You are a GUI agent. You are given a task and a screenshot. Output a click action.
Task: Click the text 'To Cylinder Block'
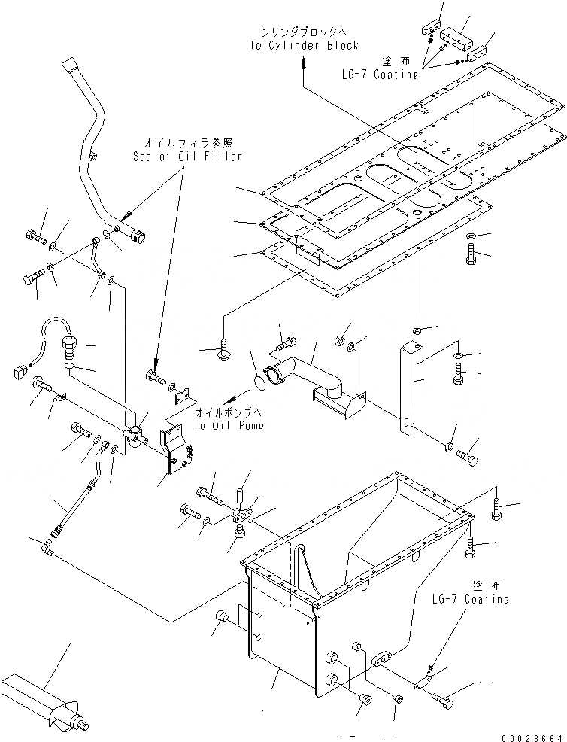pos(305,45)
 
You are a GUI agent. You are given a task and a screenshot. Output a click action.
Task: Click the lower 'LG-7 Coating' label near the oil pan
pos(471,599)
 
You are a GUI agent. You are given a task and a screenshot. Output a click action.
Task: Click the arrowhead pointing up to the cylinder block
pos(304,65)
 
